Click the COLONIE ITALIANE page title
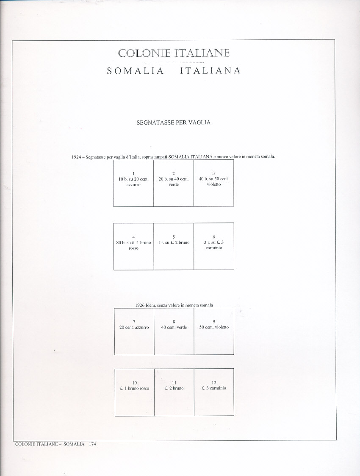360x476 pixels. tap(174, 53)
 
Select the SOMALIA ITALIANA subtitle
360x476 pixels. tap(174, 71)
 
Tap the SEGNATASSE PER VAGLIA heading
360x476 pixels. tap(174, 122)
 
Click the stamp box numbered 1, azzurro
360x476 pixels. tap(133, 183)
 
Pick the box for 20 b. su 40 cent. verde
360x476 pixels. tap(174, 183)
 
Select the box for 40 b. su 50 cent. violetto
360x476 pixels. tap(213, 183)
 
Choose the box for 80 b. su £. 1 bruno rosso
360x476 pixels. tap(133, 246)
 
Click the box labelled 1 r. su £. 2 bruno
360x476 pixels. tap(174, 246)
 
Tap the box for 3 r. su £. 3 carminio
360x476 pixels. tap(213, 246)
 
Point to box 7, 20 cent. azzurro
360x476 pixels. tap(134, 331)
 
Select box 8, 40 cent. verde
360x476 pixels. tap(174, 331)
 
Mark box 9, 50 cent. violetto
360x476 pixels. tap(214, 331)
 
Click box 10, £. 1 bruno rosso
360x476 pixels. tap(134, 392)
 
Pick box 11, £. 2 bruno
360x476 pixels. tap(174, 392)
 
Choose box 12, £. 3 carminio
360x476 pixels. tap(214, 392)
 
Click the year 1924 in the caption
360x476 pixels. tap(77, 157)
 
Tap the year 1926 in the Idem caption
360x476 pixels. tap(141, 305)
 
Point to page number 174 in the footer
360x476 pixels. tap(93, 444)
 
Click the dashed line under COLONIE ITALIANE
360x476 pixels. tap(174, 63)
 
